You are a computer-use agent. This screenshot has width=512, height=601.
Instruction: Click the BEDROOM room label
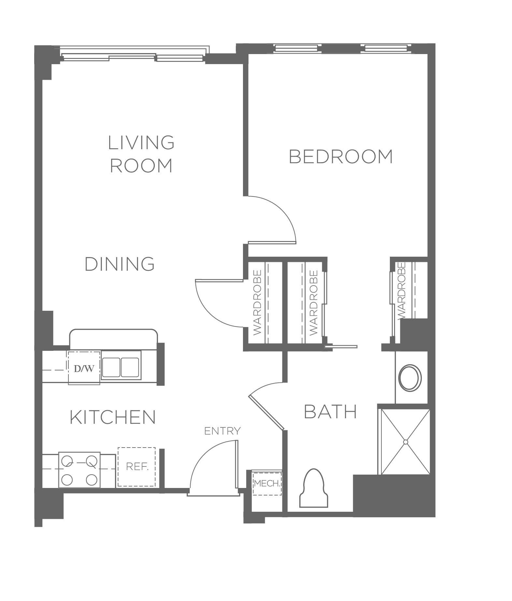341,156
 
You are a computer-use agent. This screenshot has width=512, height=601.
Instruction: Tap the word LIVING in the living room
141,143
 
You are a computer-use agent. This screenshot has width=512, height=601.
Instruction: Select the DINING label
120,264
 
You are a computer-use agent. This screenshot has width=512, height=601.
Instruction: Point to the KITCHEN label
113,417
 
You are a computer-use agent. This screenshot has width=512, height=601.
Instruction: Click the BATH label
330,412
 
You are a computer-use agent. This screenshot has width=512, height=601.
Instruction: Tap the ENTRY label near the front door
222,431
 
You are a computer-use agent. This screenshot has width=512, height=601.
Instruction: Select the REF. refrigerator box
137,467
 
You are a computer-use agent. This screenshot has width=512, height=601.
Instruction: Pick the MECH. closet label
267,483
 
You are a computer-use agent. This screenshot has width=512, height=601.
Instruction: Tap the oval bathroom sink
410,378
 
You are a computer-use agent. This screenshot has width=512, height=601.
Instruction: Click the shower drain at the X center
405,442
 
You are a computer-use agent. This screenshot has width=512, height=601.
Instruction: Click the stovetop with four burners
79,470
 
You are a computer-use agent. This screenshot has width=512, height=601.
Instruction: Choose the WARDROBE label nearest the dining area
257,302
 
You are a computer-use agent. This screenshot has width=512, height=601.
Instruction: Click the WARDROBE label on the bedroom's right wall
401,291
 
